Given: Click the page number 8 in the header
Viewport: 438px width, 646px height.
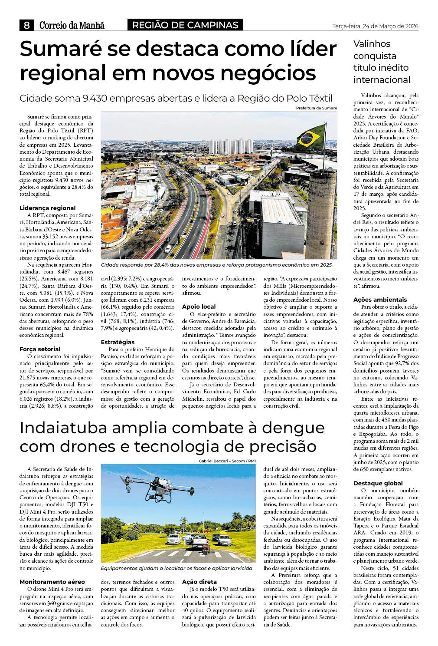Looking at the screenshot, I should [x=27, y=25].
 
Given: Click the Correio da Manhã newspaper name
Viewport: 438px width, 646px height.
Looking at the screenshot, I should [x=72, y=25].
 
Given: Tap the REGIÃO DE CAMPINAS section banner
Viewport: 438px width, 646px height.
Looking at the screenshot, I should [x=185, y=25].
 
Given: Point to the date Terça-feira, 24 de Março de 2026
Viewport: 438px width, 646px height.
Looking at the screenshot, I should [x=375, y=26].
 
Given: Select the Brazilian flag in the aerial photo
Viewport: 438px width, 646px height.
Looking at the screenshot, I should [x=311, y=136].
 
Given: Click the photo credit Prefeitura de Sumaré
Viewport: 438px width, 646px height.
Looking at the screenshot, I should [x=316, y=108].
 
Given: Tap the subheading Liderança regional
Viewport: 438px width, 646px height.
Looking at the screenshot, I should [x=47, y=208].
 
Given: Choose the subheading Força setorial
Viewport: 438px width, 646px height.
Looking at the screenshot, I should [x=40, y=349].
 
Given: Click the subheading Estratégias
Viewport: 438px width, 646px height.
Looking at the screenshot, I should [x=118, y=342].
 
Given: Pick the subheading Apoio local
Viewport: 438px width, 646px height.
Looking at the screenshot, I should [x=199, y=307].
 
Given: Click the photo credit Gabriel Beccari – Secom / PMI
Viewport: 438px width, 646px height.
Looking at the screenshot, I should [x=227, y=461].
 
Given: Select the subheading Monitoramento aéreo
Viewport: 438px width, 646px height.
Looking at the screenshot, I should [x=52, y=582].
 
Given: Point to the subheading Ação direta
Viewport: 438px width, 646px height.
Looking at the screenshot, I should [x=199, y=582].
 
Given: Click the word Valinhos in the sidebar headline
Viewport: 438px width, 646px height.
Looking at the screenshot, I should [x=372, y=44].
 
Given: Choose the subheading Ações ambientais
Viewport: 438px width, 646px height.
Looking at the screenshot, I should [x=380, y=300].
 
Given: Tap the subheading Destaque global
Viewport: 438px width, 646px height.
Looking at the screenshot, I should [x=378, y=483].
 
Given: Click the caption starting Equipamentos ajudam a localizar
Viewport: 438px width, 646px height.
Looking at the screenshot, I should [x=176, y=568].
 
